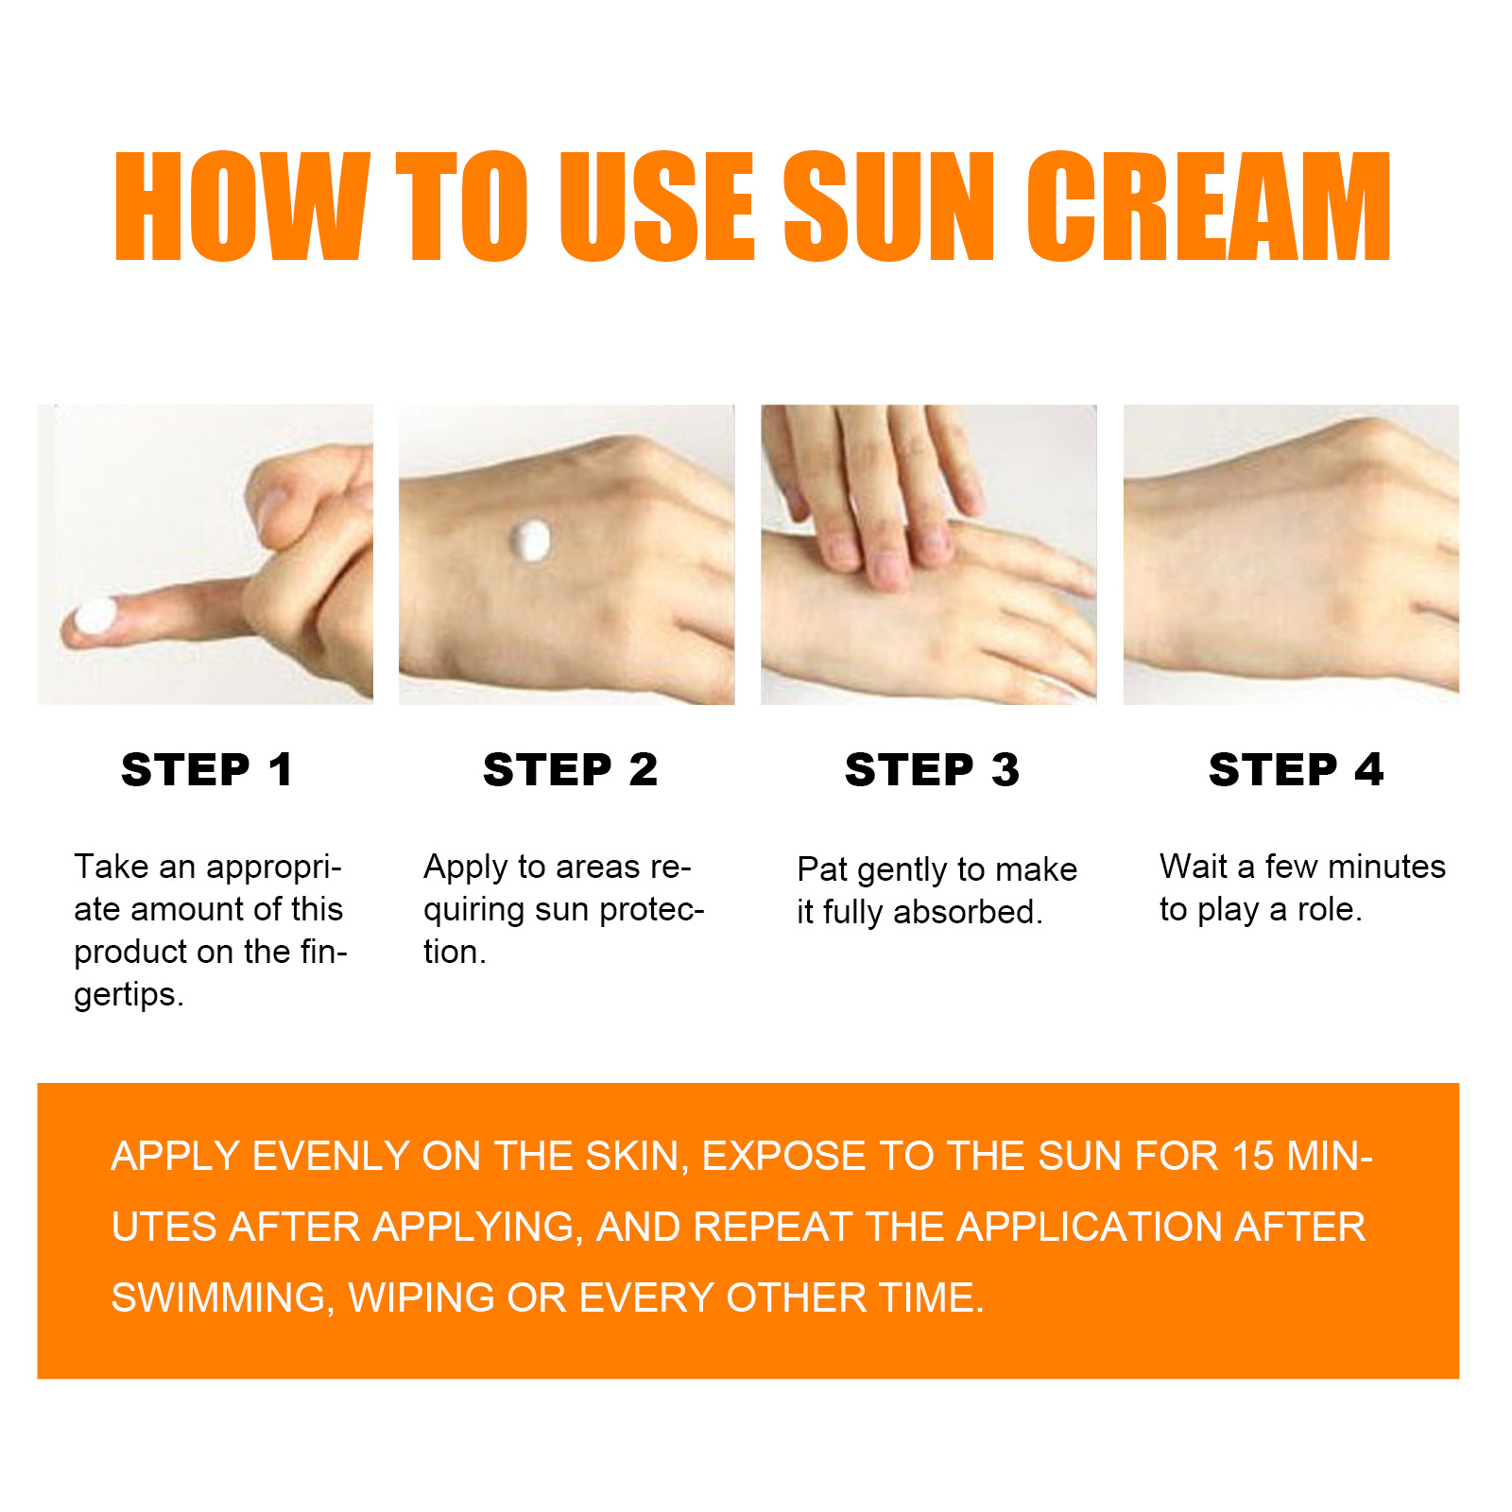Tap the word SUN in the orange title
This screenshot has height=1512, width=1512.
pyautogui.click(x=887, y=206)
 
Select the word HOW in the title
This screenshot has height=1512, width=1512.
pyautogui.click(x=241, y=206)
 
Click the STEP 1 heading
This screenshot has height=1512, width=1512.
pyautogui.click(x=207, y=769)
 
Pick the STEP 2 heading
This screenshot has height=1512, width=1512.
pyautogui.click(x=570, y=769)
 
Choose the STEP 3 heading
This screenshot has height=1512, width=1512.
pyautogui.click(x=932, y=769)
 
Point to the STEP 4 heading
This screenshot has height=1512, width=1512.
pyautogui.click(x=1296, y=769)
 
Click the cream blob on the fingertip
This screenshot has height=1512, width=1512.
pyautogui.click(x=94, y=617)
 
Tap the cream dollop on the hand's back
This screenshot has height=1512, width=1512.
pyautogui.click(x=530, y=541)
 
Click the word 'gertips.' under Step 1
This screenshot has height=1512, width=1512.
pyautogui.click(x=129, y=995)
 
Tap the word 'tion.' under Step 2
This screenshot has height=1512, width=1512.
pyautogui.click(x=455, y=952)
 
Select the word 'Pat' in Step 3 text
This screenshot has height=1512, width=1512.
pyautogui.click(x=822, y=869)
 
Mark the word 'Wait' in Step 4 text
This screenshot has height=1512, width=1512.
pyautogui.click(x=1194, y=867)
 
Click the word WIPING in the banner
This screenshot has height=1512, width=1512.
pyautogui.click(x=421, y=1297)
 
